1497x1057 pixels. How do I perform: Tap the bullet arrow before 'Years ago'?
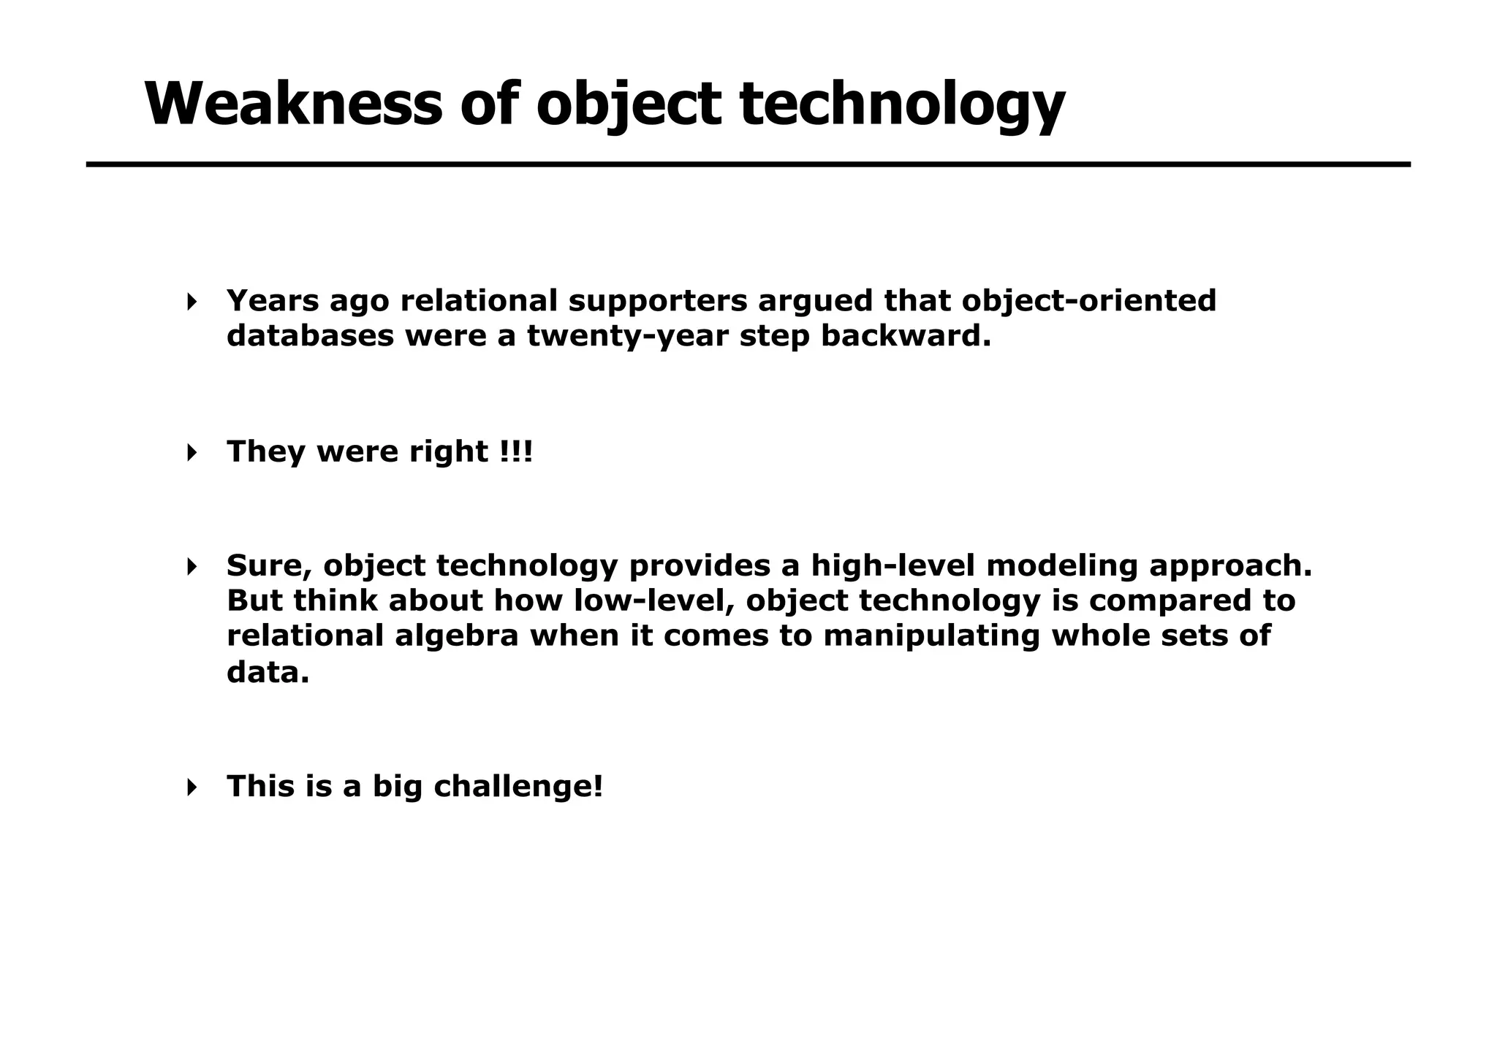pyautogui.click(x=192, y=302)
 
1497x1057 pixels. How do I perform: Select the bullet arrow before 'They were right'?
pyautogui.click(x=192, y=452)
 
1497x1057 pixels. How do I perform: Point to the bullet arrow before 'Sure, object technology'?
pyautogui.click(x=192, y=566)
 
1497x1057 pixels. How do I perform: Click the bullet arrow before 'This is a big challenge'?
pyautogui.click(x=192, y=787)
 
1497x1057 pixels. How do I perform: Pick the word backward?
pyautogui.click(x=906, y=336)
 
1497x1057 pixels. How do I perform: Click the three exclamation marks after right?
pyautogui.click(x=517, y=451)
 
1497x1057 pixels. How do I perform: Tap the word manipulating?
pyautogui.click(x=931, y=636)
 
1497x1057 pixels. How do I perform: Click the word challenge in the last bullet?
pyautogui.click(x=518, y=787)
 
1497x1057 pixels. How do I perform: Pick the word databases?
pyautogui.click(x=310, y=336)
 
